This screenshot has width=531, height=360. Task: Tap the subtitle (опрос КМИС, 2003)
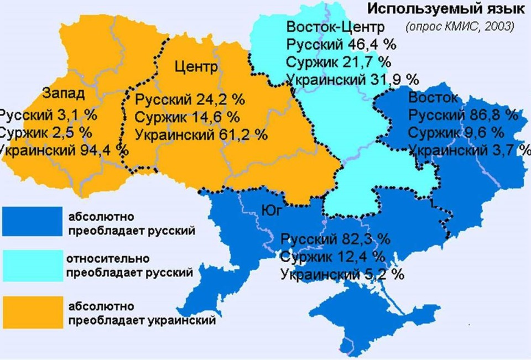(x=459, y=26)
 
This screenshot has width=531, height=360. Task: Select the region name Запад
(x=63, y=93)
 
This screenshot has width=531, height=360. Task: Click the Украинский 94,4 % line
(x=64, y=149)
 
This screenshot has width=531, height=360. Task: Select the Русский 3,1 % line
(x=48, y=116)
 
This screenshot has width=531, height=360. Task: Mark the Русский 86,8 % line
(x=464, y=116)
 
